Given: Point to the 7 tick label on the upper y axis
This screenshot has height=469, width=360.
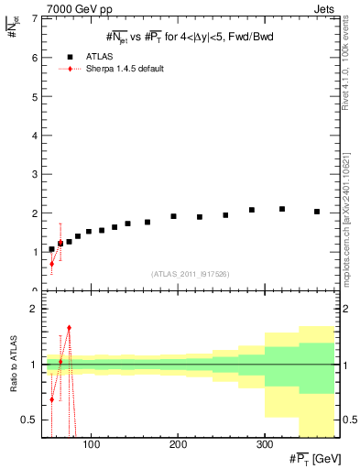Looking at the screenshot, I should pos(34,18).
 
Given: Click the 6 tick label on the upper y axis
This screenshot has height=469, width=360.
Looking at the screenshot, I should pos(34,57).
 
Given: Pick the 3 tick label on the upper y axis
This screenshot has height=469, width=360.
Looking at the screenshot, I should pos(34,174).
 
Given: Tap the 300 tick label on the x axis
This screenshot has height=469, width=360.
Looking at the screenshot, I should pos(264,445).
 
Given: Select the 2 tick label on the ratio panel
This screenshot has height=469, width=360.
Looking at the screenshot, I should pos(34,309).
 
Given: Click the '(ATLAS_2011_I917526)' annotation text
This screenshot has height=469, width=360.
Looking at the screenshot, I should pos(189,274).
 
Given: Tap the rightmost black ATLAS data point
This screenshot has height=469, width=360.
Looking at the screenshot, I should pos(316,212).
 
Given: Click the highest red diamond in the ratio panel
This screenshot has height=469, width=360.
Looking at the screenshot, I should pos(69,327).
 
